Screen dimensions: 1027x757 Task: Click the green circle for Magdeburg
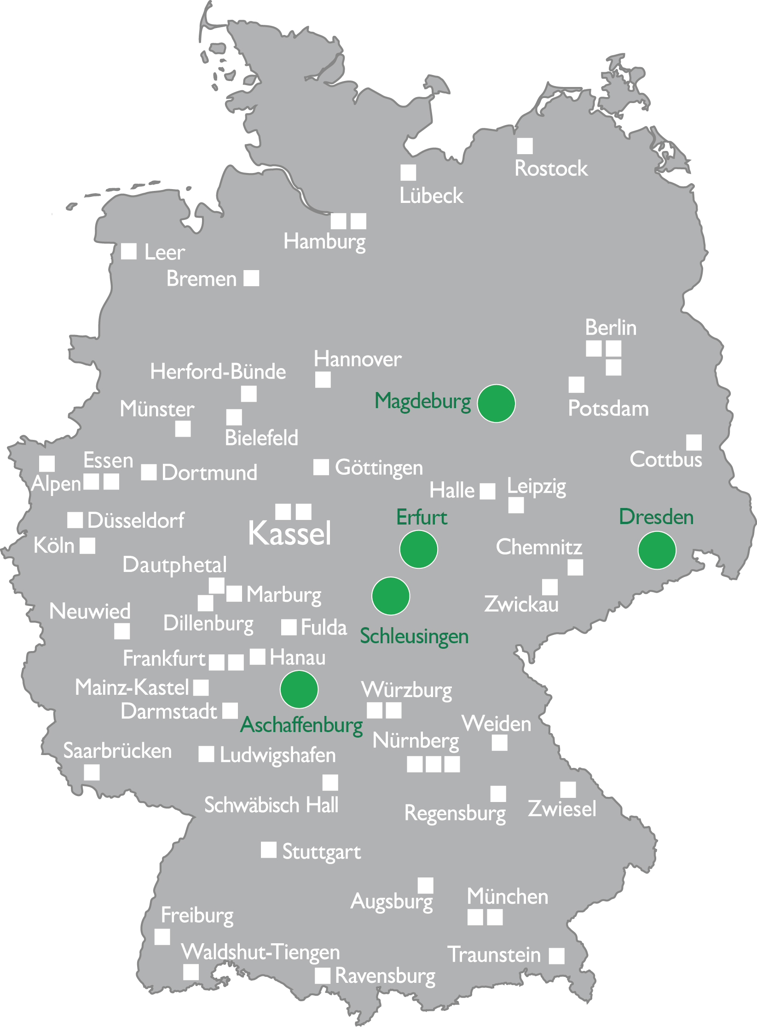coord(496,403)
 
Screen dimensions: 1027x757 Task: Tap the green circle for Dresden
coord(657,550)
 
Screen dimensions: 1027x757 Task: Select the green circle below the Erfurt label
coord(418,549)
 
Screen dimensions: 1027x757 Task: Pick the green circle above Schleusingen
coord(391,596)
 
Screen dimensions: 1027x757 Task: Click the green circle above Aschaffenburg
coord(299,689)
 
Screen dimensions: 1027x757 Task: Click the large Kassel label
coord(289,533)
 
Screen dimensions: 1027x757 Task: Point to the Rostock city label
coord(551,168)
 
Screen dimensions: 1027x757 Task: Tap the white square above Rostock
coord(525,146)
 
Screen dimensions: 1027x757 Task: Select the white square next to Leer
coord(129,251)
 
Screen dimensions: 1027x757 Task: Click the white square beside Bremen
coord(251,278)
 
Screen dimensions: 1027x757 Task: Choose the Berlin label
coord(611,328)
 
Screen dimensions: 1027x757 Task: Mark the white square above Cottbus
coord(694,442)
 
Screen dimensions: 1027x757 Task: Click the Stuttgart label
coord(322,852)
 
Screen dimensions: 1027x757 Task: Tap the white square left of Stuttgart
coord(269,850)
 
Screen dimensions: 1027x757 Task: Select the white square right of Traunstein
coord(556,956)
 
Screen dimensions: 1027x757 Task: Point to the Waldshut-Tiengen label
coord(260,952)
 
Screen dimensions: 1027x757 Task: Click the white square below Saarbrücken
coord(92,773)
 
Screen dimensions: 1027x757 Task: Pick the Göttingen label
coord(379,467)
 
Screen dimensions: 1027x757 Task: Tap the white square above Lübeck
coord(408,173)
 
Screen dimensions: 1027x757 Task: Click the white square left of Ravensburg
coord(323,975)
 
